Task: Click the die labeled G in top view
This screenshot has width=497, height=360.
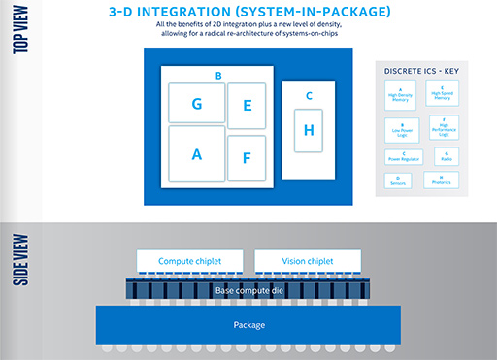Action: click(x=196, y=103)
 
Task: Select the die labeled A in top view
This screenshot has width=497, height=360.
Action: click(x=196, y=153)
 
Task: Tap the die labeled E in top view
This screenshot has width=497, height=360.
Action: click(x=247, y=106)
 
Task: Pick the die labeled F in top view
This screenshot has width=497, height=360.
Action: click(x=247, y=157)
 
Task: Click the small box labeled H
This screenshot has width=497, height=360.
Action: click(x=309, y=130)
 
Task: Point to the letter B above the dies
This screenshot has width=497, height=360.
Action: click(x=218, y=75)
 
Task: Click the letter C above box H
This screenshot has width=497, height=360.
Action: click(x=309, y=95)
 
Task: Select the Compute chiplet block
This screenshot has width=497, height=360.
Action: click(x=191, y=261)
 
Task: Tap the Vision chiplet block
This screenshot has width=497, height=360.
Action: click(x=309, y=261)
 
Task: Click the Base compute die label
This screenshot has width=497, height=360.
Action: click(x=249, y=289)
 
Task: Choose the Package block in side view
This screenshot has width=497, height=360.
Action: click(x=248, y=324)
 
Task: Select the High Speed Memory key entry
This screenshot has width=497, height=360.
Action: click(x=442, y=94)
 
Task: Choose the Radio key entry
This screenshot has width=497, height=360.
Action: click(x=442, y=156)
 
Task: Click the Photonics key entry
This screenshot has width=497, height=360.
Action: click(x=442, y=180)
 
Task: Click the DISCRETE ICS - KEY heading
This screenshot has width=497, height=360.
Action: click(x=420, y=71)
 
